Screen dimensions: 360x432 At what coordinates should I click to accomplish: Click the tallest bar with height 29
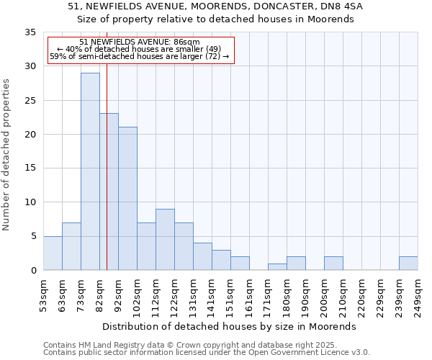point(90,171)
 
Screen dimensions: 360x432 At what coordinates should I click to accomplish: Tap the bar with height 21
point(127,199)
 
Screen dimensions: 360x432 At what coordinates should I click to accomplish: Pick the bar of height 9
point(165,239)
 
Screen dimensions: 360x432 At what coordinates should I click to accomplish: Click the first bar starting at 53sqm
point(53,253)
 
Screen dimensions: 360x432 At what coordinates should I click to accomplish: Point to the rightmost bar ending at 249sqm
point(408,263)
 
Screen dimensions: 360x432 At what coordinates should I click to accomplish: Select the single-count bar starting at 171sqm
point(277,266)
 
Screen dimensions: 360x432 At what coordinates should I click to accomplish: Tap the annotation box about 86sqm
point(140,50)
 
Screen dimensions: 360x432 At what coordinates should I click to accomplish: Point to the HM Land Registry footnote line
point(170,345)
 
